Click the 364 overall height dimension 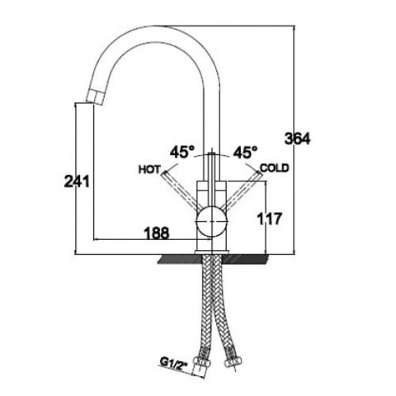297,139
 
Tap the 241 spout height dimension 77,181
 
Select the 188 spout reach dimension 157,233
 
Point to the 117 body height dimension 269,219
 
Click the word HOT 149,169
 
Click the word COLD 275,167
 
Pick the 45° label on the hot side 182,152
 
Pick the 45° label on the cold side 245,152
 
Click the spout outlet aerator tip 95,97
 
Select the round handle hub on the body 211,222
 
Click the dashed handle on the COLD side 241,190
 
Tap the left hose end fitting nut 201,361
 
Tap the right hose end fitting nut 233,362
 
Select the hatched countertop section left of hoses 180,259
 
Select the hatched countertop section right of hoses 245,259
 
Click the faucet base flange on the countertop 212,252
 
